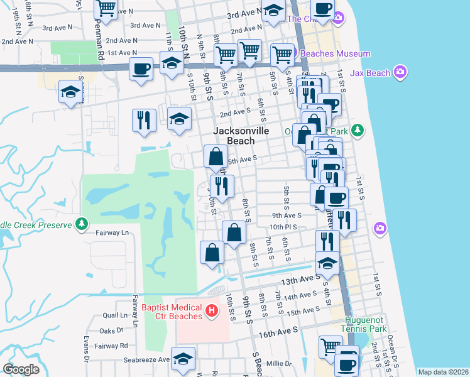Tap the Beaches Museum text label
click(x=335, y=54)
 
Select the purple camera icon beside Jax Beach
click(x=400, y=73)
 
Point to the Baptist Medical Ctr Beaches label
click(x=172, y=311)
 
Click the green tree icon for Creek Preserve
click(x=81, y=224)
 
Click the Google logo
click(x=21, y=369)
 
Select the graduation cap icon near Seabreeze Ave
click(x=183, y=359)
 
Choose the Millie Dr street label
click(x=280, y=363)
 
